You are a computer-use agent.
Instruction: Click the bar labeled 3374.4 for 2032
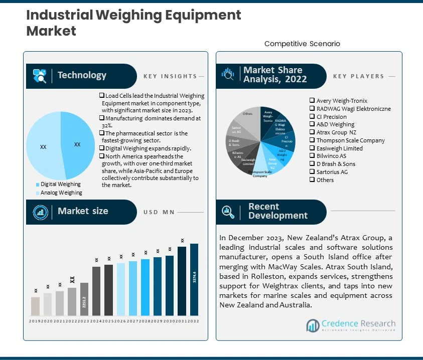tap(194, 279)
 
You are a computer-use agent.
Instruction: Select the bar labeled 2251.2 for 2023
tap(84, 299)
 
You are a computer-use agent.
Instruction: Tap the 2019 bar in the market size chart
tap(35, 306)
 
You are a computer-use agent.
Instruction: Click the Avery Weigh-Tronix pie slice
tap(268, 116)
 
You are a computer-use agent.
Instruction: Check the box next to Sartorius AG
tap(312, 172)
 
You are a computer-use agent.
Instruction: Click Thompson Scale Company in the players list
tap(350, 140)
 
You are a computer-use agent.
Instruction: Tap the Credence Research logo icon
tap(314, 325)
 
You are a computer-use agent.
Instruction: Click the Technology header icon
tap(40, 76)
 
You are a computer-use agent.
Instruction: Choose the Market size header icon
tap(40, 212)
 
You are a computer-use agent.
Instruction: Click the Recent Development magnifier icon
tap(228, 212)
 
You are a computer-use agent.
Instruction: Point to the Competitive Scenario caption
tap(302, 44)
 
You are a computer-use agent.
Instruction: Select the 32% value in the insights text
tap(105, 125)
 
